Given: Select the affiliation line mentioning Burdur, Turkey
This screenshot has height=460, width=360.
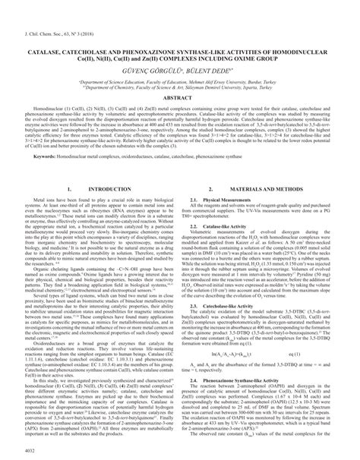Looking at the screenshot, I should (179, 77).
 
